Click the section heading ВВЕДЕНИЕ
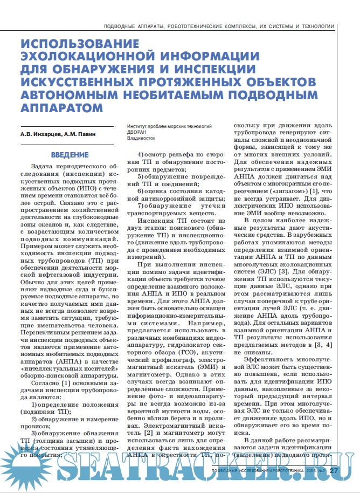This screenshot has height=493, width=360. click(x=70, y=154)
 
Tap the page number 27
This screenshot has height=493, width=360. click(x=334, y=470)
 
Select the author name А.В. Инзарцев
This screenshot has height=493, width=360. click(x=39, y=134)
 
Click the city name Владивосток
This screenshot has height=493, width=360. click(x=141, y=138)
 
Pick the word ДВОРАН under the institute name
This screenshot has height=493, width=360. click(x=137, y=131)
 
